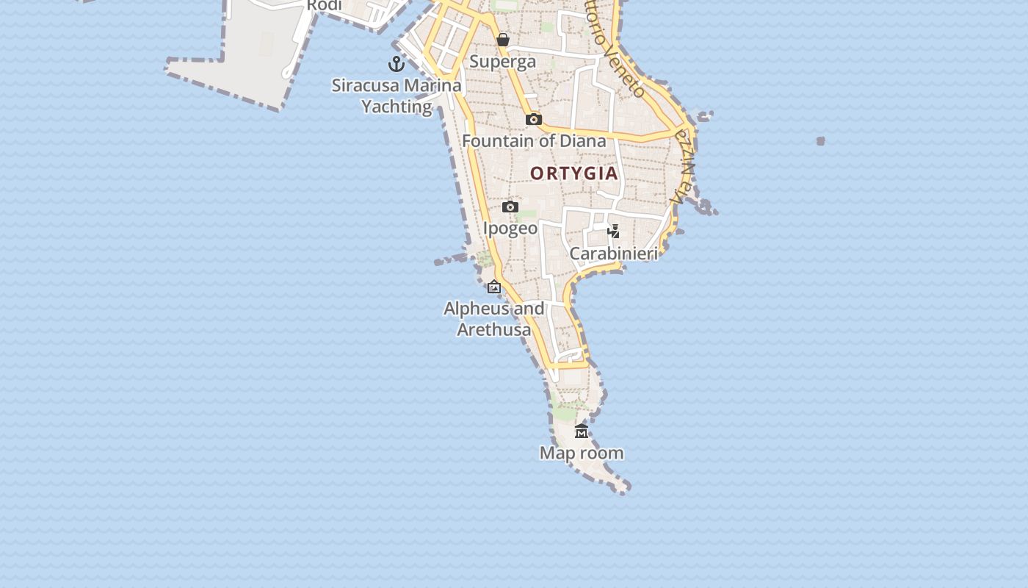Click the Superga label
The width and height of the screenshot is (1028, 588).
(502, 62)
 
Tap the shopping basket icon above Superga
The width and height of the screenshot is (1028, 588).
(503, 40)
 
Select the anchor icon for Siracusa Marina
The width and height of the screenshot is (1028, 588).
(397, 64)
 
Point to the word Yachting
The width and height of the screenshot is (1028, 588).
(397, 107)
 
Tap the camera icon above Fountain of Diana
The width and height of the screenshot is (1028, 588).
(534, 119)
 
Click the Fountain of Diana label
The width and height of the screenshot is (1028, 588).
(534, 140)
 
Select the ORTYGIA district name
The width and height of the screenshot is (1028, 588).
(574, 173)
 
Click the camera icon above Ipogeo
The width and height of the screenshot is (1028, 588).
(510, 207)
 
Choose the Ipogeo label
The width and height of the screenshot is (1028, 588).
(510, 229)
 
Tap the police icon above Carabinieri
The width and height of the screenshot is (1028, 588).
(614, 232)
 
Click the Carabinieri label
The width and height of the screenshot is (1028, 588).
(614, 254)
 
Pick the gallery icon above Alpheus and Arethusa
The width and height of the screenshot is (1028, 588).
(494, 287)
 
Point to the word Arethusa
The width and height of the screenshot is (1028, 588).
(494, 330)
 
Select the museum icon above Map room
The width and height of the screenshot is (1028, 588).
(582, 431)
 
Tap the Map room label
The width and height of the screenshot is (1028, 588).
(582, 453)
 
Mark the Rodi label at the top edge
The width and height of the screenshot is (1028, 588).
(324, 6)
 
